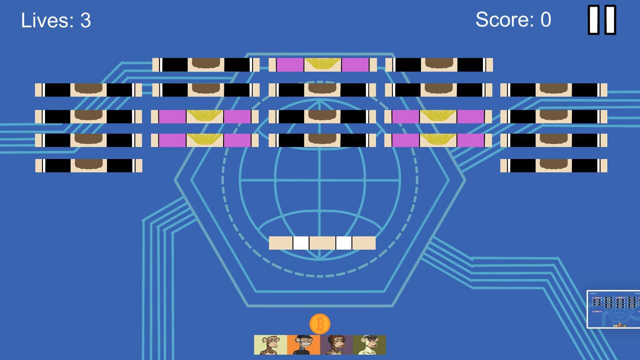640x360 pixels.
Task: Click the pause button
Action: [601, 19]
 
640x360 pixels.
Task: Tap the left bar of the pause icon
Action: [593, 19]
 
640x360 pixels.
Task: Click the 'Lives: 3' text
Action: [56, 20]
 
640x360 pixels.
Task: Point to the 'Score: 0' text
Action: [513, 19]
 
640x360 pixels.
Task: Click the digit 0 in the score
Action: [545, 19]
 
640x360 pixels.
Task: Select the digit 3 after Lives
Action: [85, 20]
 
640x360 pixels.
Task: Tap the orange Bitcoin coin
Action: [320, 323]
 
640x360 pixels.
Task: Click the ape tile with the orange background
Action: [303, 345]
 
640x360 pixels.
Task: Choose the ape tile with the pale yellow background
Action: [270, 345]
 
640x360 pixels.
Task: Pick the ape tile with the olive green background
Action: [369, 345]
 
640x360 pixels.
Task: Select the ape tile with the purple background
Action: [336, 345]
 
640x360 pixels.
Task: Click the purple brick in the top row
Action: [323, 65]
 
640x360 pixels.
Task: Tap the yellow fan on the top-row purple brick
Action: [322, 63]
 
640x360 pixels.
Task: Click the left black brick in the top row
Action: [206, 65]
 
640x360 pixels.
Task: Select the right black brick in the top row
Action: [439, 65]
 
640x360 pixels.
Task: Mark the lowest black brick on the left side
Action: [89, 165]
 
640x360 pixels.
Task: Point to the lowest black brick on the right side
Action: [553, 165]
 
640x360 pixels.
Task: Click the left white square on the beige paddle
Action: [301, 243]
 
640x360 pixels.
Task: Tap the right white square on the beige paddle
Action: [343, 243]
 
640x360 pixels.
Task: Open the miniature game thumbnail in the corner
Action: [613, 309]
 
